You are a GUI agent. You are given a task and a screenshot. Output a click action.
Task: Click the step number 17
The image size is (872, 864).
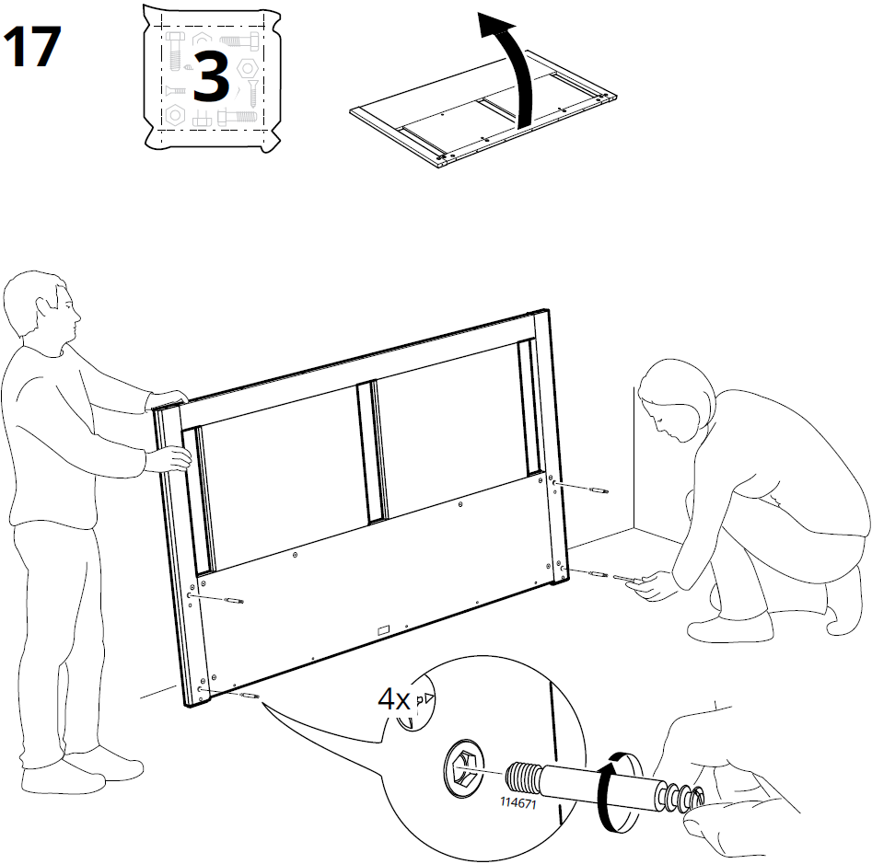[33, 48]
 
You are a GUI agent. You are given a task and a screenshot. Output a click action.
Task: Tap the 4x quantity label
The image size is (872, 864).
[395, 699]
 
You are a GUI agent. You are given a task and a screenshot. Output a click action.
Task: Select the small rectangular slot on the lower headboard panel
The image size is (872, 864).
[382, 630]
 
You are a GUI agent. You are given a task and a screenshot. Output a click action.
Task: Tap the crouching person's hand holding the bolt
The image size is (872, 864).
[655, 583]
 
